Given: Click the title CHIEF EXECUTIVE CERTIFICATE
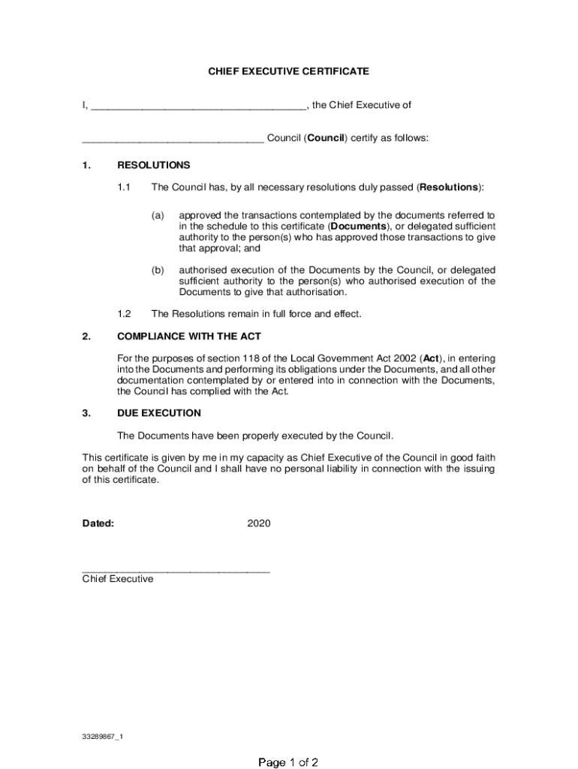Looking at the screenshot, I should coord(288,71).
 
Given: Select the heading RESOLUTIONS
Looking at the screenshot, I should coord(154,165).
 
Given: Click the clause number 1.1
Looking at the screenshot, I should coord(125,187).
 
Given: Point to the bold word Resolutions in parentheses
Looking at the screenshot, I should coord(449,187).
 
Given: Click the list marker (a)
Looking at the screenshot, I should coord(158,215).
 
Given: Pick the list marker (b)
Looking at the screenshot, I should coord(158,270).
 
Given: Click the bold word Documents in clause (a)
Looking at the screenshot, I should coord(359,226).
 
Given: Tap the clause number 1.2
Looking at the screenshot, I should coord(125,314).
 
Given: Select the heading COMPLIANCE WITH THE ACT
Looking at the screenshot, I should coord(189,336).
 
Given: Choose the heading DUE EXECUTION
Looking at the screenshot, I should coord(159,413).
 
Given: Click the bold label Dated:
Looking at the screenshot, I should coord(98,523).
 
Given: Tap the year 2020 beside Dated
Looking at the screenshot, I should coord(259,523).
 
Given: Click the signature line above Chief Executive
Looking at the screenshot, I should coord(176,571).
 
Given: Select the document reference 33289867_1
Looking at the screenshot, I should coord(103,737).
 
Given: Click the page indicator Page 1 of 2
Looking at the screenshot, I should coord(289,763).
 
